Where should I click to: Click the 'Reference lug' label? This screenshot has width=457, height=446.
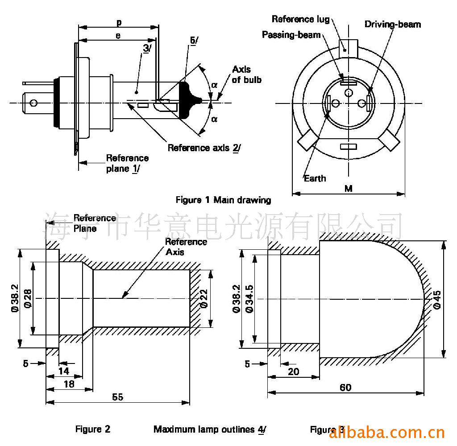point(300,19)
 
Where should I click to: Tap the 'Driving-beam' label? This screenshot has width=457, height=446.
point(392,24)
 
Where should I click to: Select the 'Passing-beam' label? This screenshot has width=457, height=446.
point(291,34)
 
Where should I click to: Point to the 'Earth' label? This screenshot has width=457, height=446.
point(315,178)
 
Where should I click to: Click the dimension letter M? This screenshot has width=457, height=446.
point(349,189)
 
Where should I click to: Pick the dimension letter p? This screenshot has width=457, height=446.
point(119,22)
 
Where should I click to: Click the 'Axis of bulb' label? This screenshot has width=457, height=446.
point(246,74)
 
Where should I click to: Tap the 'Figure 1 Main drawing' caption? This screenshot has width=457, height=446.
point(223,200)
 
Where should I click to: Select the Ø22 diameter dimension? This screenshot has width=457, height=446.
point(204,298)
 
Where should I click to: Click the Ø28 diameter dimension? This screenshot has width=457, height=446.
point(27,298)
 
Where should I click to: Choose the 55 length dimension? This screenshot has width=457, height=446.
point(118,397)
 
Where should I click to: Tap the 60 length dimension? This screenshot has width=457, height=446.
point(345,387)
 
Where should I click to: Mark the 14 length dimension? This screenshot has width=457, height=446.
point(64,371)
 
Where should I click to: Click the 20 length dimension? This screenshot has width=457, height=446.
point(294,371)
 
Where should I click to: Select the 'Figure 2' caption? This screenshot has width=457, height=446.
point(93,429)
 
